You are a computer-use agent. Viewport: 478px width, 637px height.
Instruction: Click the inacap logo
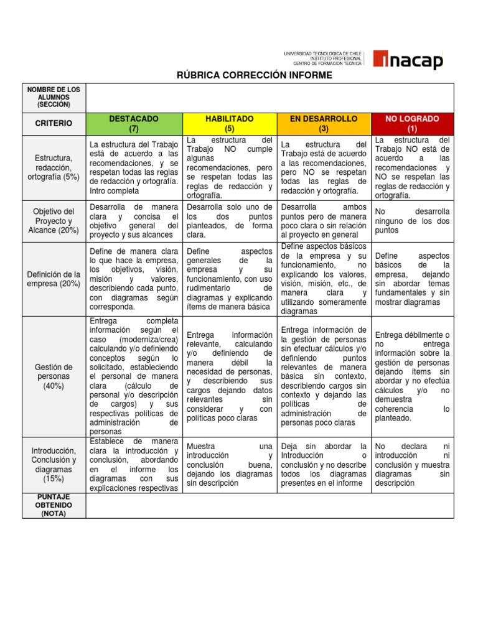pyautogui.click(x=408, y=59)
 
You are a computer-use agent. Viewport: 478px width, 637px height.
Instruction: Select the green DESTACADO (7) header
pyautogui.click(x=134, y=123)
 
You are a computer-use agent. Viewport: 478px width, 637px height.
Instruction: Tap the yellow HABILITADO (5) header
pyautogui.click(x=229, y=123)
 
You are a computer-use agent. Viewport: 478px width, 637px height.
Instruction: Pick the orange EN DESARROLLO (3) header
pyautogui.click(x=324, y=123)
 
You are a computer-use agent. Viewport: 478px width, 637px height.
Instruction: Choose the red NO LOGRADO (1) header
pyautogui.click(x=412, y=123)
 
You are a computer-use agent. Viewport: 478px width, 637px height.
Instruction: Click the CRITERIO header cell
pyautogui.click(x=54, y=123)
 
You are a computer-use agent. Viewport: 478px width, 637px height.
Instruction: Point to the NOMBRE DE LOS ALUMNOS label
pyautogui.click(x=54, y=98)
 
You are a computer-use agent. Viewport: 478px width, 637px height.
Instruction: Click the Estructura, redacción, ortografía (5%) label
pyautogui.click(x=54, y=168)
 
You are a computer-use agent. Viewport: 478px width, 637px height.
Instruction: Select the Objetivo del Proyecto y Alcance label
pyautogui.click(x=54, y=221)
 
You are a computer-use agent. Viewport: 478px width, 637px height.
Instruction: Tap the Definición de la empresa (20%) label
pyautogui.click(x=54, y=279)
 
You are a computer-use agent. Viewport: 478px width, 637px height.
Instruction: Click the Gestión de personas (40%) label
pyautogui.click(x=54, y=376)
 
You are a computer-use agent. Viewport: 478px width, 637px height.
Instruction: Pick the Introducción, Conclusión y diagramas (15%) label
pyautogui.click(x=54, y=465)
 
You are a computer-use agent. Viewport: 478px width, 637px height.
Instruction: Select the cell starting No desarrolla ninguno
pyautogui.click(x=412, y=221)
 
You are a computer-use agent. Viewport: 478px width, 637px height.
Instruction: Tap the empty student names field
pyautogui.click(x=270, y=98)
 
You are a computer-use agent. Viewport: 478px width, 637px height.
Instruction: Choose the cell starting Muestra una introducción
pyautogui.click(x=229, y=465)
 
